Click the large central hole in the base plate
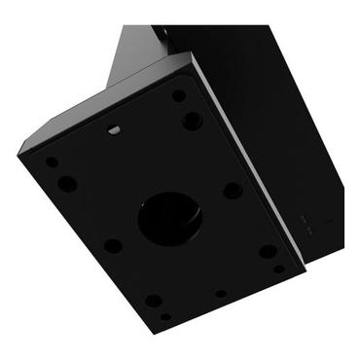click(170, 217)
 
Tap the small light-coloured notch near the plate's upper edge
click(114, 128)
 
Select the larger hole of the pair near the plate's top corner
click(193, 121)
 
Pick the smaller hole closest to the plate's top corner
click(179, 96)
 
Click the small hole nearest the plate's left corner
click(52, 162)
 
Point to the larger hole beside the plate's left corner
click(67, 183)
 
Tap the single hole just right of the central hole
click(233, 191)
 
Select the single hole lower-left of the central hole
click(114, 245)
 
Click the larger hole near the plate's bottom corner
click(154, 301)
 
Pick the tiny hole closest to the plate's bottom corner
click(165, 316)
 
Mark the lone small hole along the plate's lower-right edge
click(221, 293)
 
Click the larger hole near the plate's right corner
click(268, 251)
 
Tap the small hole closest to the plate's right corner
click(279, 269)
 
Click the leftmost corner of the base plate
click(19, 151)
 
